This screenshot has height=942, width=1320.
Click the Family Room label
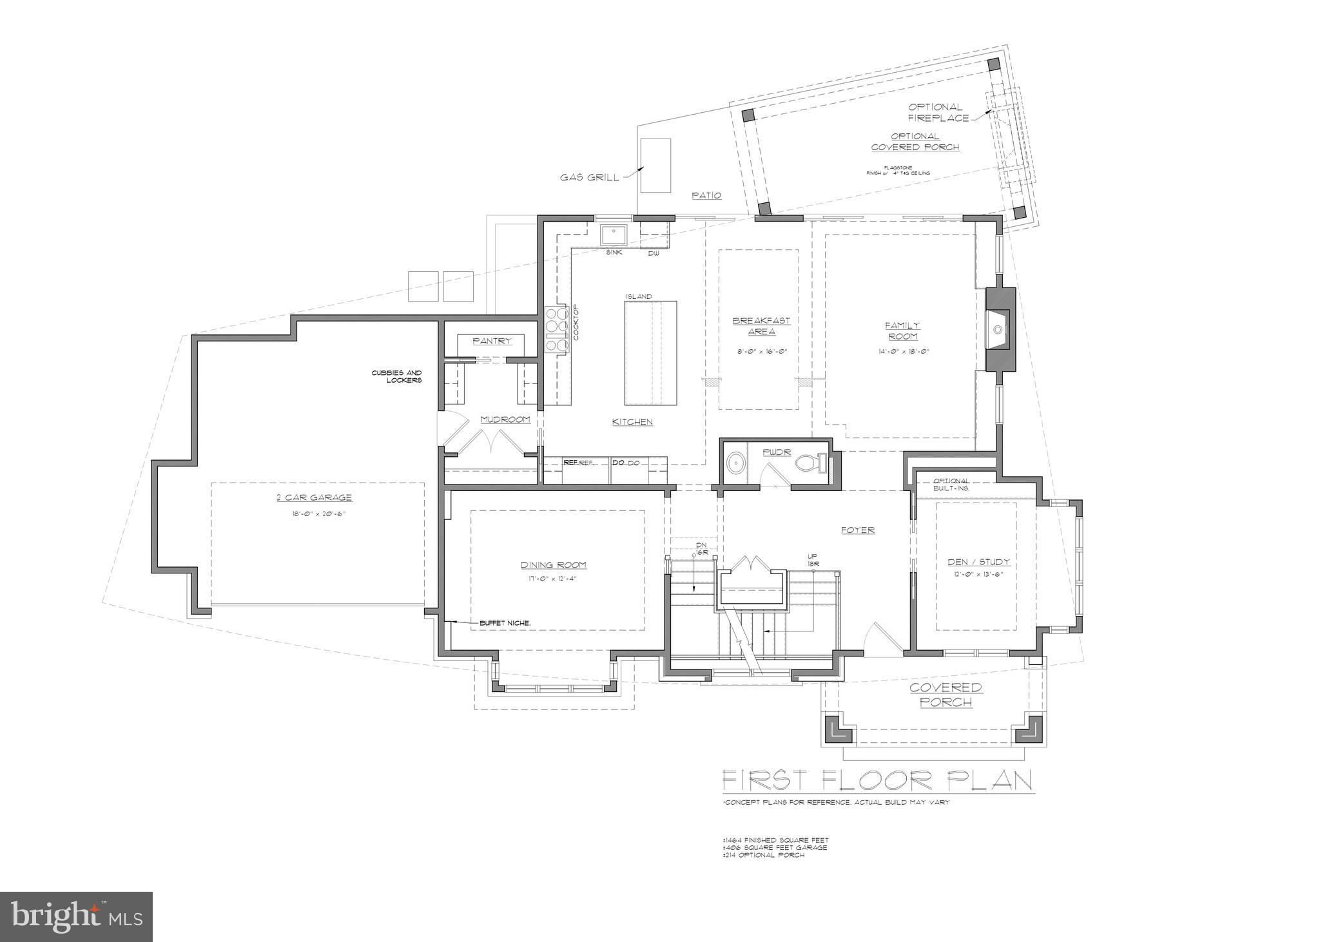(902, 331)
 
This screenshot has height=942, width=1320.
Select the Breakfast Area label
(761, 326)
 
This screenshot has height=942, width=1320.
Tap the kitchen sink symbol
(615, 235)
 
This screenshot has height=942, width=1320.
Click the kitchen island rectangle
(650, 352)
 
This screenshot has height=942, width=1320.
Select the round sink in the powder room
(735, 464)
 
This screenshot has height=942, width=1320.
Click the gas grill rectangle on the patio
(655, 166)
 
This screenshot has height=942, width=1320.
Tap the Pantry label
(492, 341)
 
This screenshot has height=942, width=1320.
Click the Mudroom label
(505, 419)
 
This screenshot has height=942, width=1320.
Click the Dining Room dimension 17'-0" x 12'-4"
(554, 578)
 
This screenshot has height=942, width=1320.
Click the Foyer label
(858, 530)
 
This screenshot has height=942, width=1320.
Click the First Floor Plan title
(877, 780)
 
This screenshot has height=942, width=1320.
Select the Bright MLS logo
(76, 916)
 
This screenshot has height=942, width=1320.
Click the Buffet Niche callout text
(505, 623)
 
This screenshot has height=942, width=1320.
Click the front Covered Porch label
(945, 695)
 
